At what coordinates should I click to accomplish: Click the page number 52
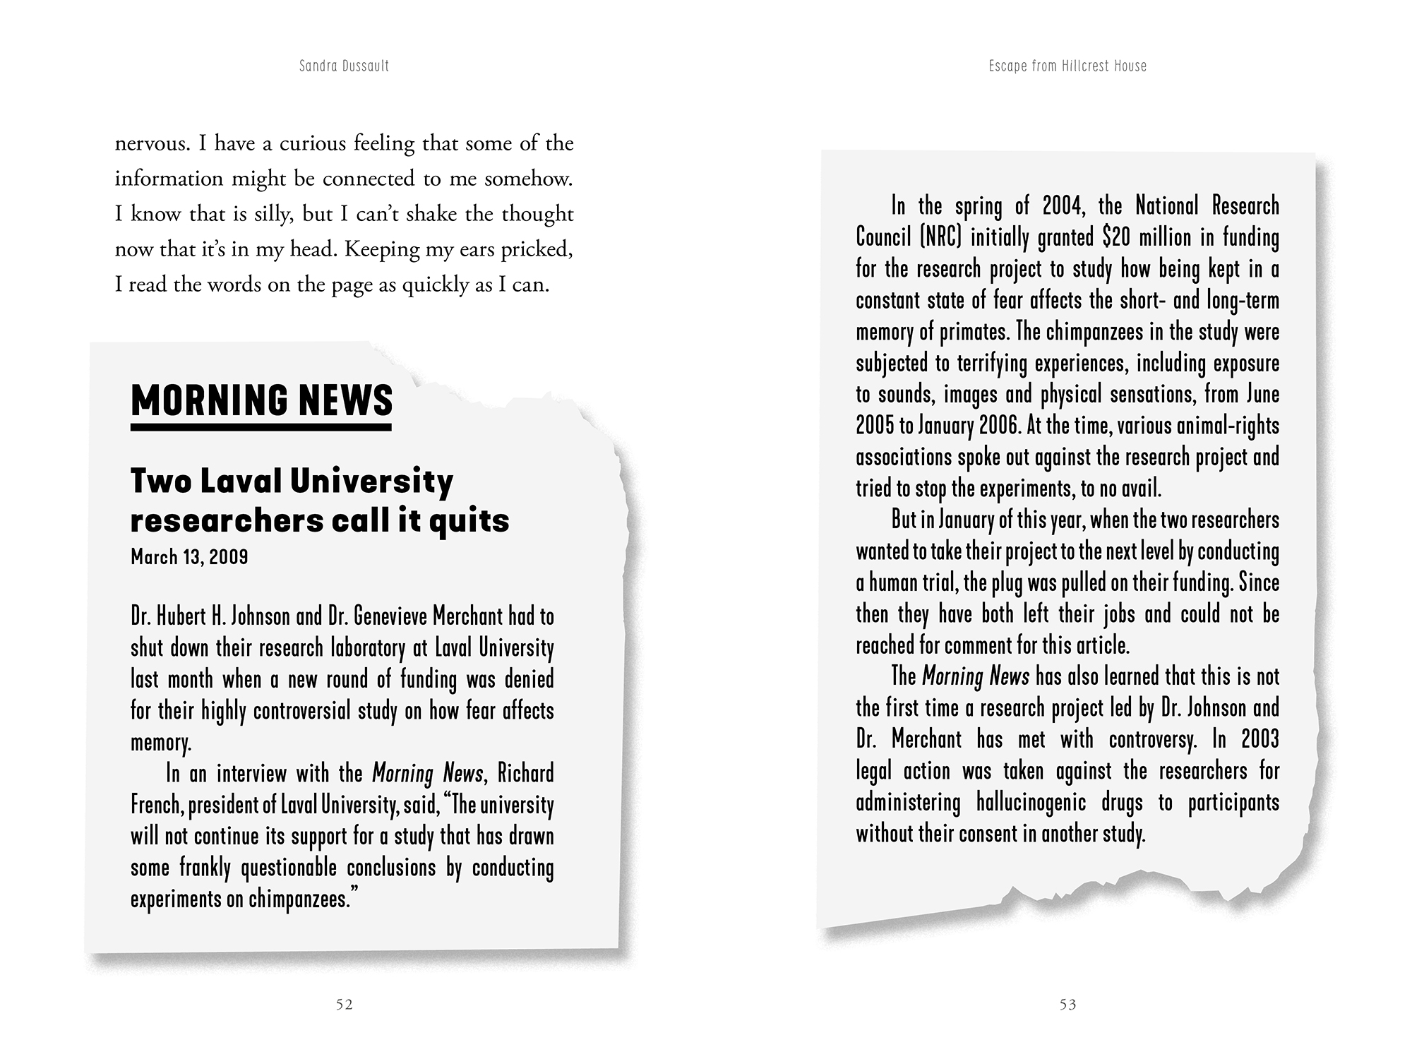point(344,1005)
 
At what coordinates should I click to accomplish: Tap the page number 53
point(1067,1005)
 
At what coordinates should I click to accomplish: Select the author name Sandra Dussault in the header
point(344,66)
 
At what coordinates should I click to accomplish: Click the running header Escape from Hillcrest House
point(1067,66)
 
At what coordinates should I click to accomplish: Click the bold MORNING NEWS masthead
point(262,400)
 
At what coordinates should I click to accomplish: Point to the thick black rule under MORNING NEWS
point(261,427)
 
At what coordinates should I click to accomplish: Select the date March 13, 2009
point(189,557)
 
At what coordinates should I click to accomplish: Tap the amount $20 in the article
point(1116,237)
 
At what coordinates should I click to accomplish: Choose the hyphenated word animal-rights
point(1228,426)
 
